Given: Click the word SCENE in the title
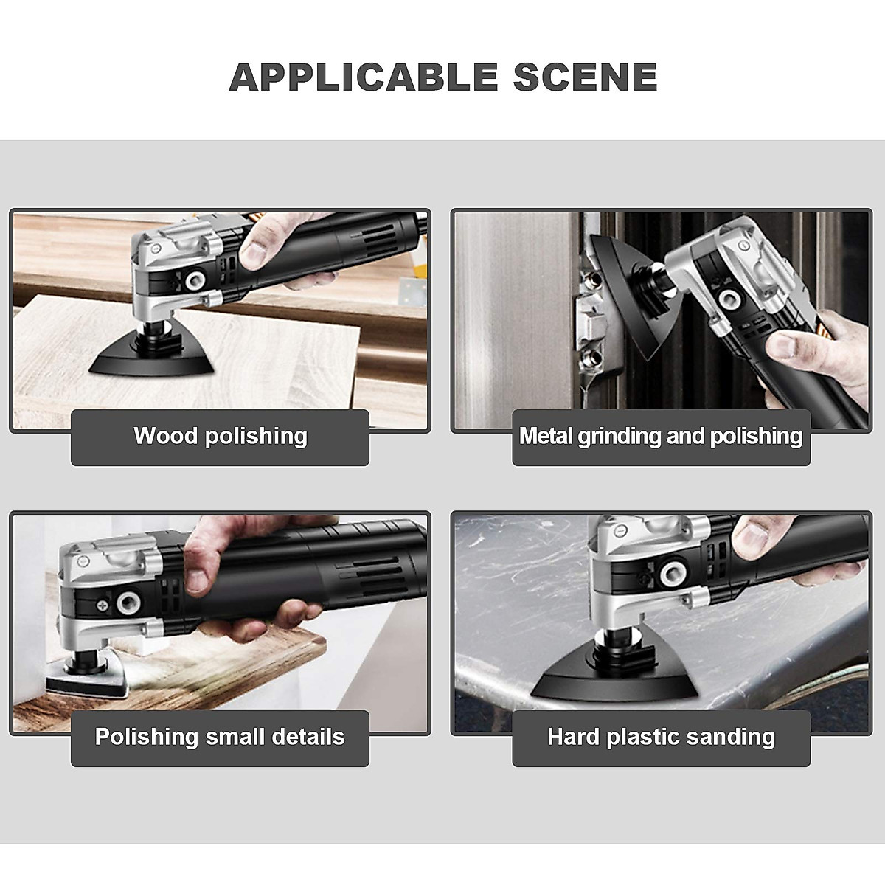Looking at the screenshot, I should (x=585, y=77).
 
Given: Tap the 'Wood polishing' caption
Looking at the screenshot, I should (x=220, y=436).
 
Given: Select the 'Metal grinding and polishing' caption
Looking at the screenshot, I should (x=661, y=436).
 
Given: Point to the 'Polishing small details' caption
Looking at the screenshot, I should (x=220, y=736).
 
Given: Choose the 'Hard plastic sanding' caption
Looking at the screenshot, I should (x=661, y=736).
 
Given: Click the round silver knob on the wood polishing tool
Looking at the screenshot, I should (x=197, y=280).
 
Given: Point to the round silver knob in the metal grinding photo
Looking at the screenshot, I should (x=729, y=298).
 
